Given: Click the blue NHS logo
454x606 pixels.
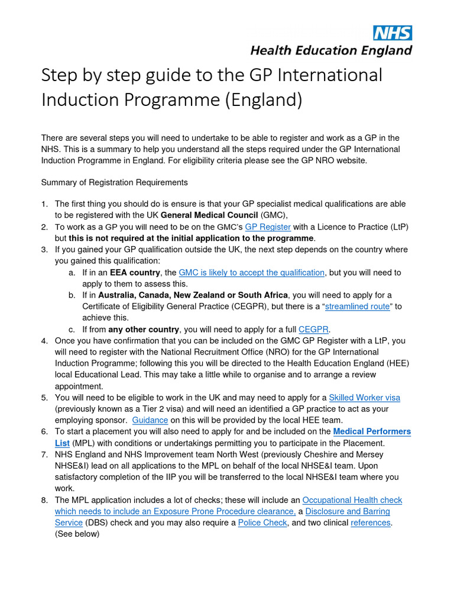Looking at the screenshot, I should tap(392, 33).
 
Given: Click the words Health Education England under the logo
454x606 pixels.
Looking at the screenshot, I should tap(330, 50).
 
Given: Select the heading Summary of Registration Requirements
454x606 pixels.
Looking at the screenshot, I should tap(114, 182).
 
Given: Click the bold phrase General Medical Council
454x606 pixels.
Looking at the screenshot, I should tap(209, 215).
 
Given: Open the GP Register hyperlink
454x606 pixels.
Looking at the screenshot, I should tap(268, 227).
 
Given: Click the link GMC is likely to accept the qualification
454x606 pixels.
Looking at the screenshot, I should tap(252, 272).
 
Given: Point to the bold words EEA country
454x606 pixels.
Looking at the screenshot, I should tap(135, 272).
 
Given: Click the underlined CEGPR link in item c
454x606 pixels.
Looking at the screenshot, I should tap(314, 329).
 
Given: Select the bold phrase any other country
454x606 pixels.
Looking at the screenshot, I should tap(144, 329).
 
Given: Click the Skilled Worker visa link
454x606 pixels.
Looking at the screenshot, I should tap(364, 397).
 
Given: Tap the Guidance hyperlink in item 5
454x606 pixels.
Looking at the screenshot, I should tap(150, 420).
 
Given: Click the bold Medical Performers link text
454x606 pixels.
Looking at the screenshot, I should tap(372, 431).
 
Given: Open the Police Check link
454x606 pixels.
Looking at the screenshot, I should tap(262, 523).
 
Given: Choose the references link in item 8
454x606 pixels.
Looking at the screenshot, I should tap(371, 523).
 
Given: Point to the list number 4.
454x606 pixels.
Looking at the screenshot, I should tap(44, 341).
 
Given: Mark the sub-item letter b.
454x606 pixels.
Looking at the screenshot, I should tap(71, 295).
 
